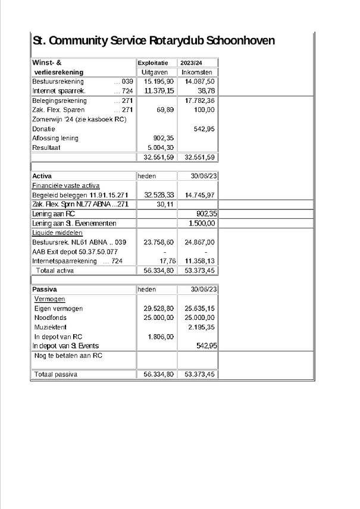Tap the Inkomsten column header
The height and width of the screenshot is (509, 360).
pos(197,72)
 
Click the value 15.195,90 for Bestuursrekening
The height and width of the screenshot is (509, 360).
pos(159,81)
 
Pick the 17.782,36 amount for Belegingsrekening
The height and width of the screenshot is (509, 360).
pos(199,100)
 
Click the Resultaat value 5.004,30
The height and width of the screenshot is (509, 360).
pos(161,147)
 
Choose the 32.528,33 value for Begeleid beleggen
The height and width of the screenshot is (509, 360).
pos(159,195)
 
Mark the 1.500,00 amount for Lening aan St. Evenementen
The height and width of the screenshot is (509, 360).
pos(201,223)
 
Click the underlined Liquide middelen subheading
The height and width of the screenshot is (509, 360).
pos(57,232)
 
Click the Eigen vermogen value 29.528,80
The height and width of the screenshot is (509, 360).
pos(159,309)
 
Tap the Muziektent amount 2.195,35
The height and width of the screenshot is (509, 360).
pos(201,328)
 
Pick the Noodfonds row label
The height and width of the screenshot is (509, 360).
pos(49,318)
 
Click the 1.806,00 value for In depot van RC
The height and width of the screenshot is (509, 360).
pos(161,337)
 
